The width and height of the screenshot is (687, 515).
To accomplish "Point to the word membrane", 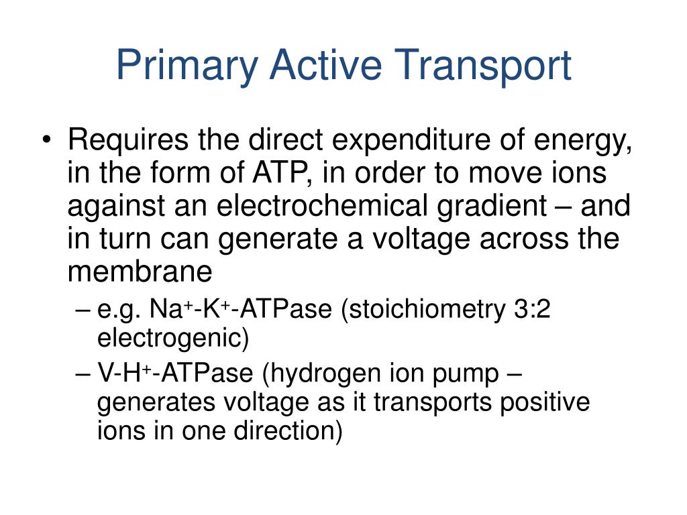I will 140,272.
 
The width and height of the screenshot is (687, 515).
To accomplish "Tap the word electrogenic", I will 173,339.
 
